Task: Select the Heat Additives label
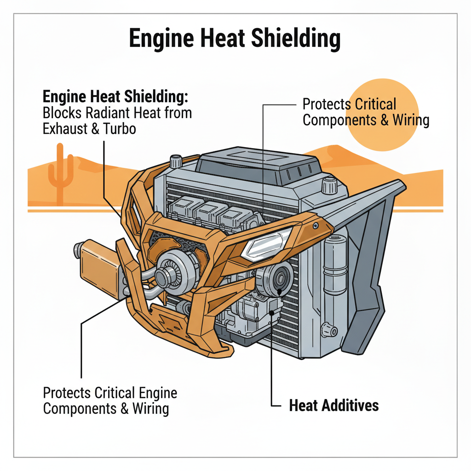334,405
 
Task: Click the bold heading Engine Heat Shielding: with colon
116,97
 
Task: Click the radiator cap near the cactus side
175,161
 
